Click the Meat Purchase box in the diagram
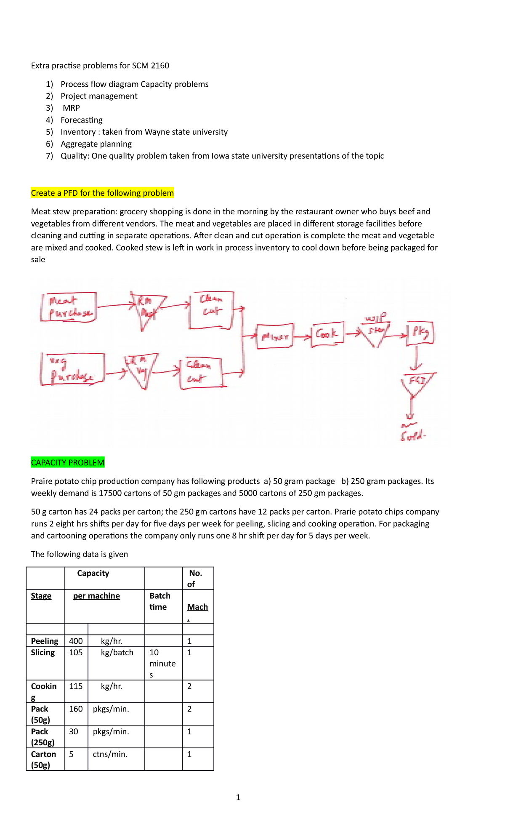[x=69, y=307]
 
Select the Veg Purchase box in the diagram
[x=72, y=369]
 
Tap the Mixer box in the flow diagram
[x=275, y=336]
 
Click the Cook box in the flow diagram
[x=327, y=334]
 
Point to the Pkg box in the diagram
[x=420, y=333]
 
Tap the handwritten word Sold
[x=412, y=437]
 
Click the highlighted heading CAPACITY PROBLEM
[x=68, y=462]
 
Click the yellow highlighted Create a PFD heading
[x=102, y=193]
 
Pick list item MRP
[x=71, y=108]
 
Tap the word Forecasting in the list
[x=82, y=120]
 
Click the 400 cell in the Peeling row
[x=76, y=641]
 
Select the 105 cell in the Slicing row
[x=76, y=652]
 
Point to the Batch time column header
[x=160, y=601]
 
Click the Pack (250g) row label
[x=43, y=737]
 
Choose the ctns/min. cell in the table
[x=110, y=754]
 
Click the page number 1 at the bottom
[x=238, y=797]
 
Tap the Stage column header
[x=41, y=596]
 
